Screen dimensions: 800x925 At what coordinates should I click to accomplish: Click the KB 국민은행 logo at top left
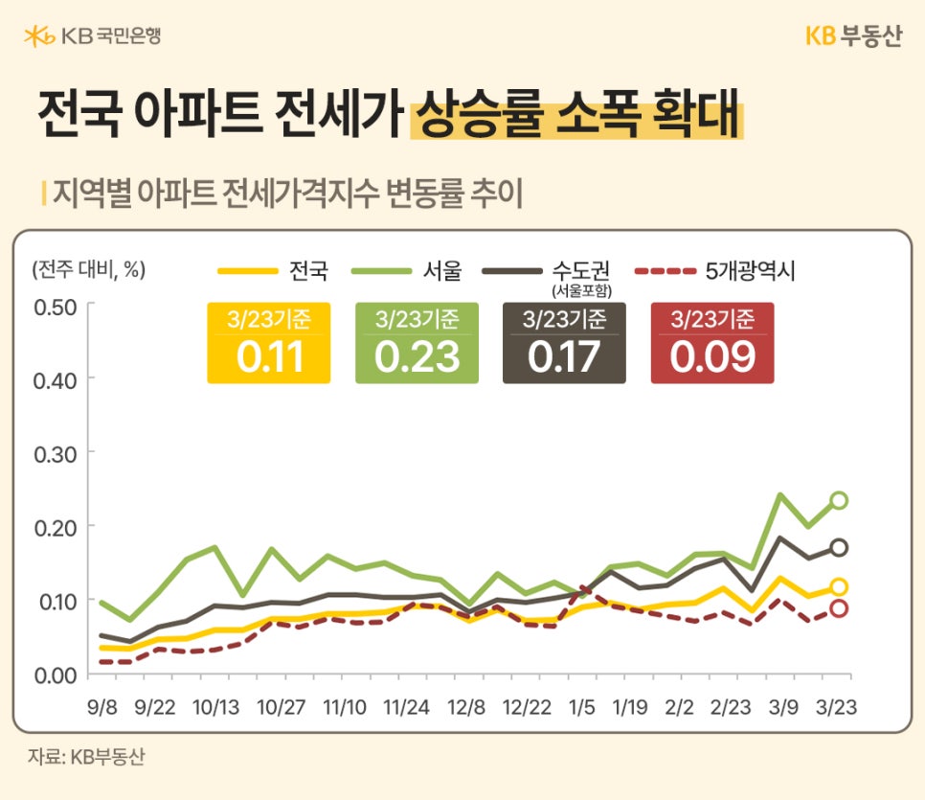(92, 36)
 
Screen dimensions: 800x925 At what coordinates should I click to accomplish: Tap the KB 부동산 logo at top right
(853, 36)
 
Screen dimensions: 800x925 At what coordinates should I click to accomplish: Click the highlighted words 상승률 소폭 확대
(575, 117)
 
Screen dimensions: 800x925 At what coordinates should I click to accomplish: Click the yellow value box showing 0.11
(269, 343)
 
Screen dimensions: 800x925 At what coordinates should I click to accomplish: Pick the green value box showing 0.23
(417, 343)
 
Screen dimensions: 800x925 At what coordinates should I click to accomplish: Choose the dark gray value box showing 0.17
(564, 343)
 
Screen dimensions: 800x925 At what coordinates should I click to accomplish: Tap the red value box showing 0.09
(711, 343)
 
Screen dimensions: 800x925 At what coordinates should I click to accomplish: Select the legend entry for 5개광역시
(714, 271)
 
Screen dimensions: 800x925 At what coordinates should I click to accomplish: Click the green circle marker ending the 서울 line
(839, 500)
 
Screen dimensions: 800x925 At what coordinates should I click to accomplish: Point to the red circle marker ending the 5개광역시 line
(839, 608)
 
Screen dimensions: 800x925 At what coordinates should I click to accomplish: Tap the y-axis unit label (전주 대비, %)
(88, 269)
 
